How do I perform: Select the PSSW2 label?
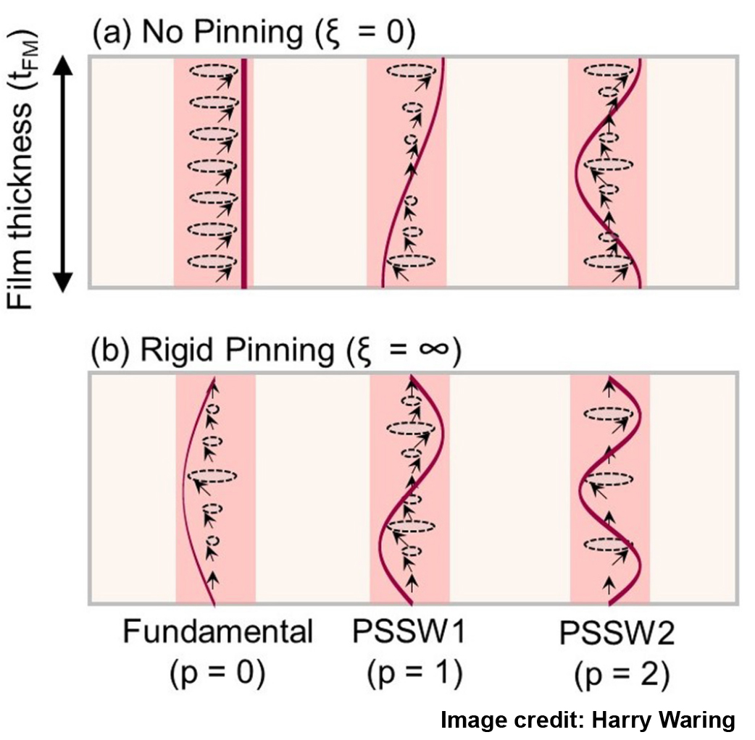coord(617,635)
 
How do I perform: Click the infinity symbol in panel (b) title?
coord(435,352)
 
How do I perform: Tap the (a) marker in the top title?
coord(106,33)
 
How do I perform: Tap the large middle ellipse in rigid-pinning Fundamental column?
coord(215,476)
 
